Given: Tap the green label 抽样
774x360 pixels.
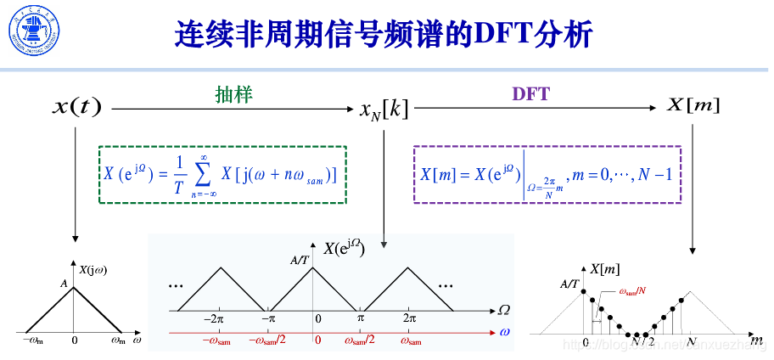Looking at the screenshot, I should (x=233, y=94).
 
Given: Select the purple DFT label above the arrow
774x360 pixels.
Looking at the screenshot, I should (x=531, y=94).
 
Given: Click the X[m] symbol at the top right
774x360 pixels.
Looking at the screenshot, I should (x=693, y=105).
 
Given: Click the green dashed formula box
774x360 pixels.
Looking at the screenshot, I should (x=222, y=174).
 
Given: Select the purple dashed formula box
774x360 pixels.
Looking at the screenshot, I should (x=547, y=174).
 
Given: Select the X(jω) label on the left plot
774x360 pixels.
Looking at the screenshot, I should (x=96, y=271).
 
